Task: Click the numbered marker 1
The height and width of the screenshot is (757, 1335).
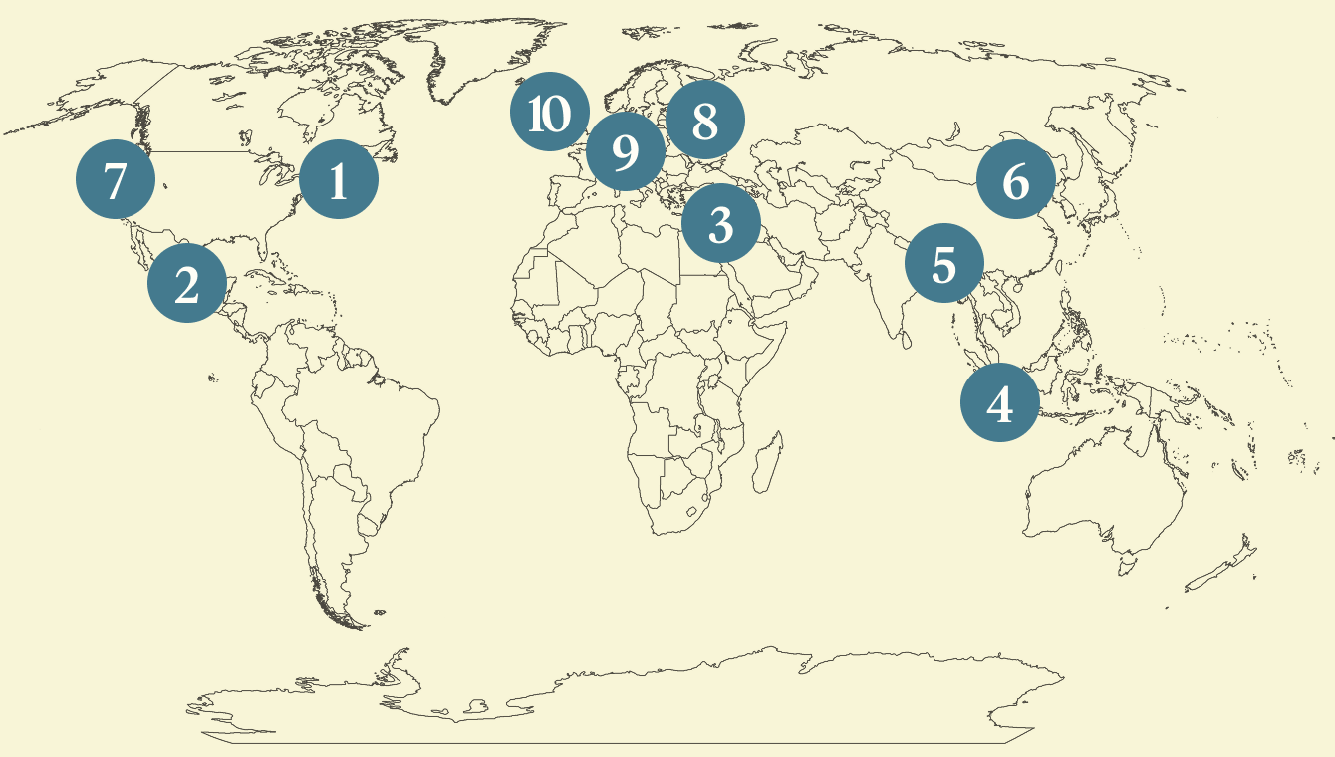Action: click(339, 180)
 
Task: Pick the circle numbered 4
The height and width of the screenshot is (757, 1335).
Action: click(1000, 403)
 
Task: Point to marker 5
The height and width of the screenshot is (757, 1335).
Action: click(944, 264)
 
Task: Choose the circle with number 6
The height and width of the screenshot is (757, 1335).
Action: click(1016, 180)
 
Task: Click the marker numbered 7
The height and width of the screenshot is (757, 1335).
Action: click(116, 180)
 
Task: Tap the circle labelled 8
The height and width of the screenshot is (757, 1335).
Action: click(705, 121)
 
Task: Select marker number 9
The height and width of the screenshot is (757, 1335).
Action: click(626, 152)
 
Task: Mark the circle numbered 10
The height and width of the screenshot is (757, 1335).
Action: click(549, 115)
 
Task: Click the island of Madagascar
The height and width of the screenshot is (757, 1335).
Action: click(765, 463)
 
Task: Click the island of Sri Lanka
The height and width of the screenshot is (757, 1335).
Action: click(904, 339)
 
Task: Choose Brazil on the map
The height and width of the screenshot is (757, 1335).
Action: click(379, 418)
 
